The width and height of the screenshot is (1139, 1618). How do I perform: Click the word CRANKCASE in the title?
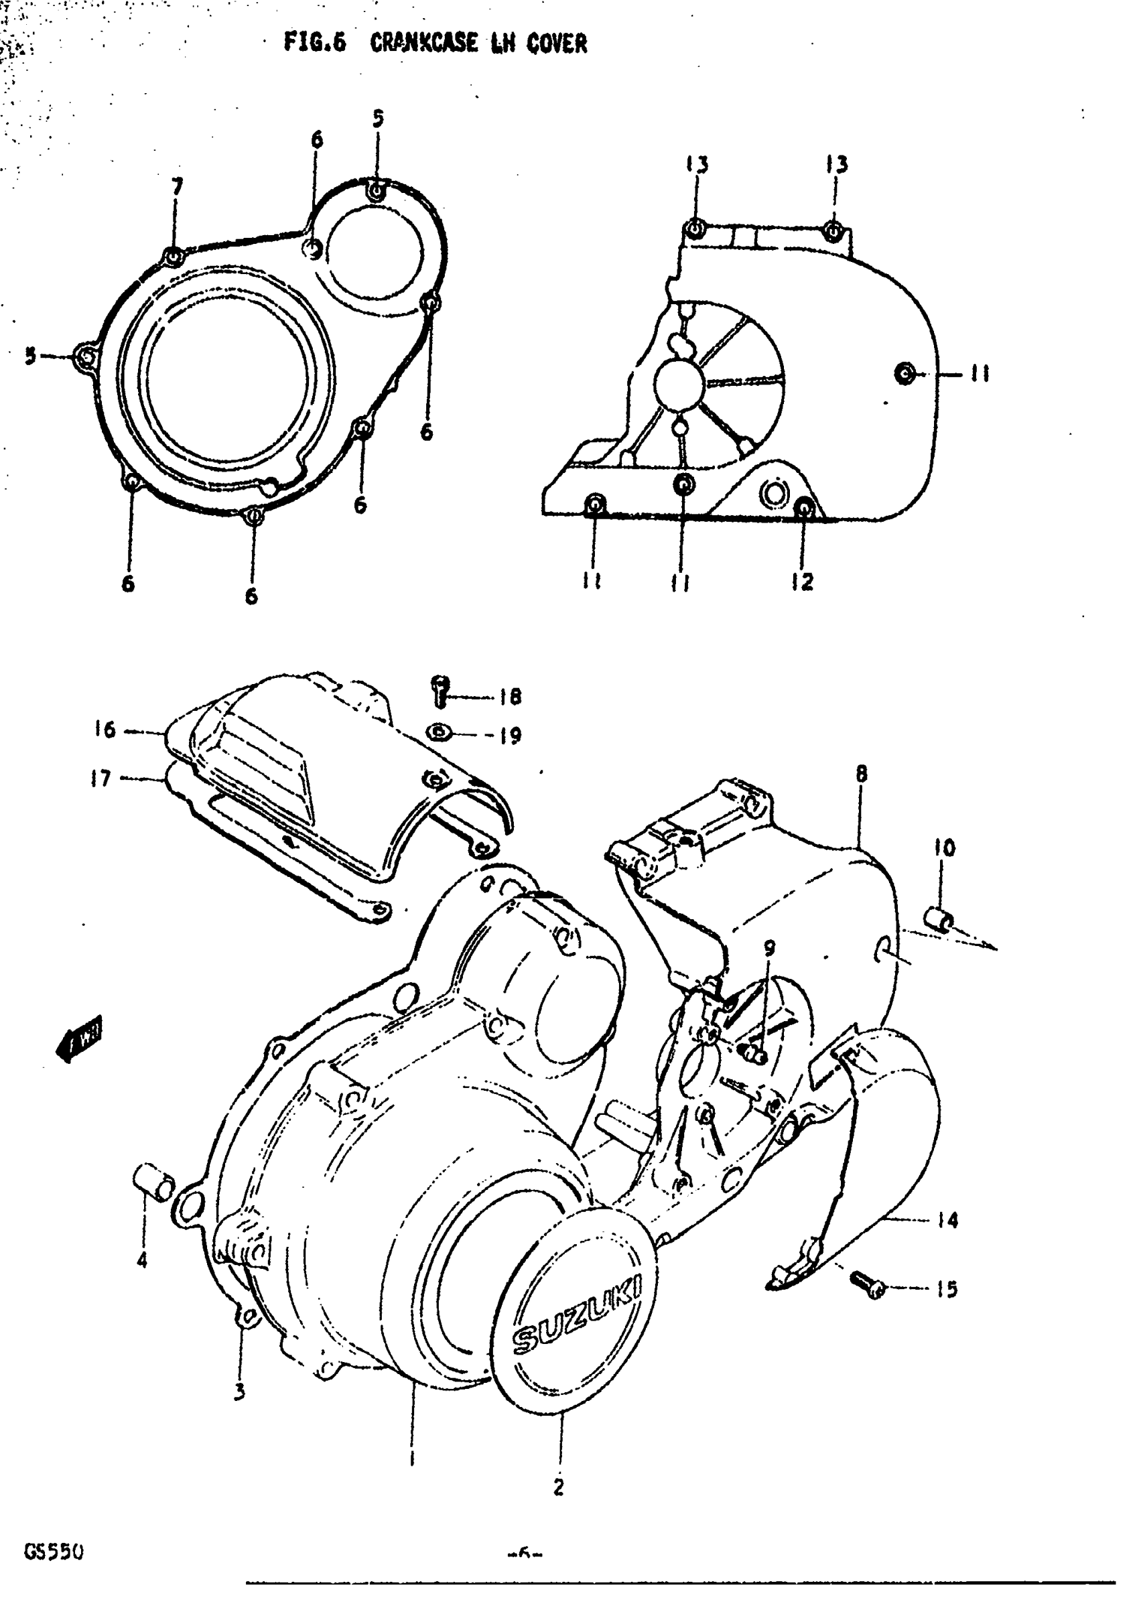[423, 44]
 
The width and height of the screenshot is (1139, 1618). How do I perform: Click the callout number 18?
[510, 697]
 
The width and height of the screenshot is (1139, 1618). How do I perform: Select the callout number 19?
[510, 736]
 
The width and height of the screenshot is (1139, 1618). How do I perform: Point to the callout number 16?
[105, 730]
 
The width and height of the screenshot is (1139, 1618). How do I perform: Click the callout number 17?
[100, 778]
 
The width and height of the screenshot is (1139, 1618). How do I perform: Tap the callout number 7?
[177, 188]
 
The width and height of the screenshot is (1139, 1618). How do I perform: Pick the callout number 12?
[802, 582]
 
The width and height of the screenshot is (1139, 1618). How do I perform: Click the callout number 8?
[862, 774]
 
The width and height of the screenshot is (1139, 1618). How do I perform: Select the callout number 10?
[945, 848]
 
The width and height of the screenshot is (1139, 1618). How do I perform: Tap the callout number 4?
[142, 1260]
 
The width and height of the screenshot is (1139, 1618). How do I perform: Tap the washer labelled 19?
[439, 734]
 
